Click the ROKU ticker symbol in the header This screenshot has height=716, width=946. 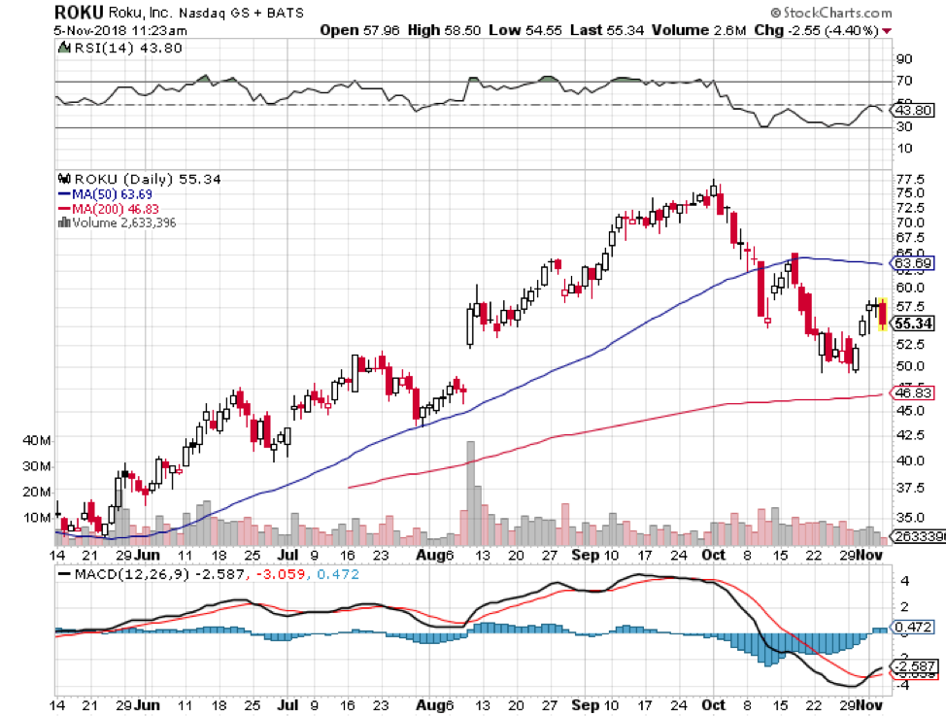click(76, 13)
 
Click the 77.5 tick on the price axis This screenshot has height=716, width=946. click(910, 180)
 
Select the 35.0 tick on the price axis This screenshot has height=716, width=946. click(910, 517)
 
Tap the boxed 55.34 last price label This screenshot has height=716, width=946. click(914, 324)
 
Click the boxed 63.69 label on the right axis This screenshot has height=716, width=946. click(912, 263)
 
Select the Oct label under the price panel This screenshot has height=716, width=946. click(714, 555)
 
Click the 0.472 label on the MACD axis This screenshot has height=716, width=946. click(912, 629)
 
